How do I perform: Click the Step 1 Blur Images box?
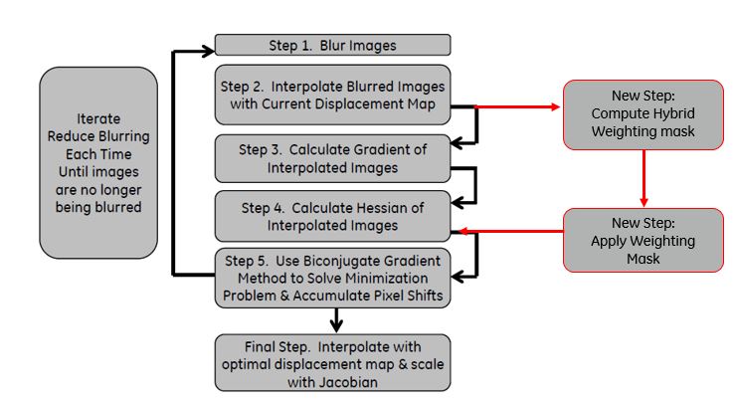332,45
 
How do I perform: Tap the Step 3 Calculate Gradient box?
332,158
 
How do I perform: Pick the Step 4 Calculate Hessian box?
332,217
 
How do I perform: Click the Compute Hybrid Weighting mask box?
642,114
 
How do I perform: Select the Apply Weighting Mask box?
642,241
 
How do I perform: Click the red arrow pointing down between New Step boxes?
642,179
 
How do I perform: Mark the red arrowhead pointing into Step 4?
458,232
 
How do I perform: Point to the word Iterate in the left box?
98,118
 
